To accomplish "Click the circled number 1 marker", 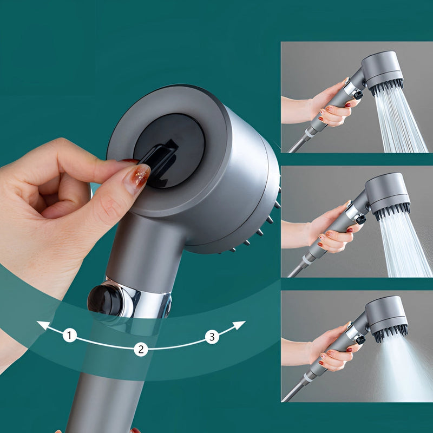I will [69, 336].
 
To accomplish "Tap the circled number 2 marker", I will [141, 349].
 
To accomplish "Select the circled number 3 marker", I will [212, 337].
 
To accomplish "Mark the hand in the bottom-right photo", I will [330, 352].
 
